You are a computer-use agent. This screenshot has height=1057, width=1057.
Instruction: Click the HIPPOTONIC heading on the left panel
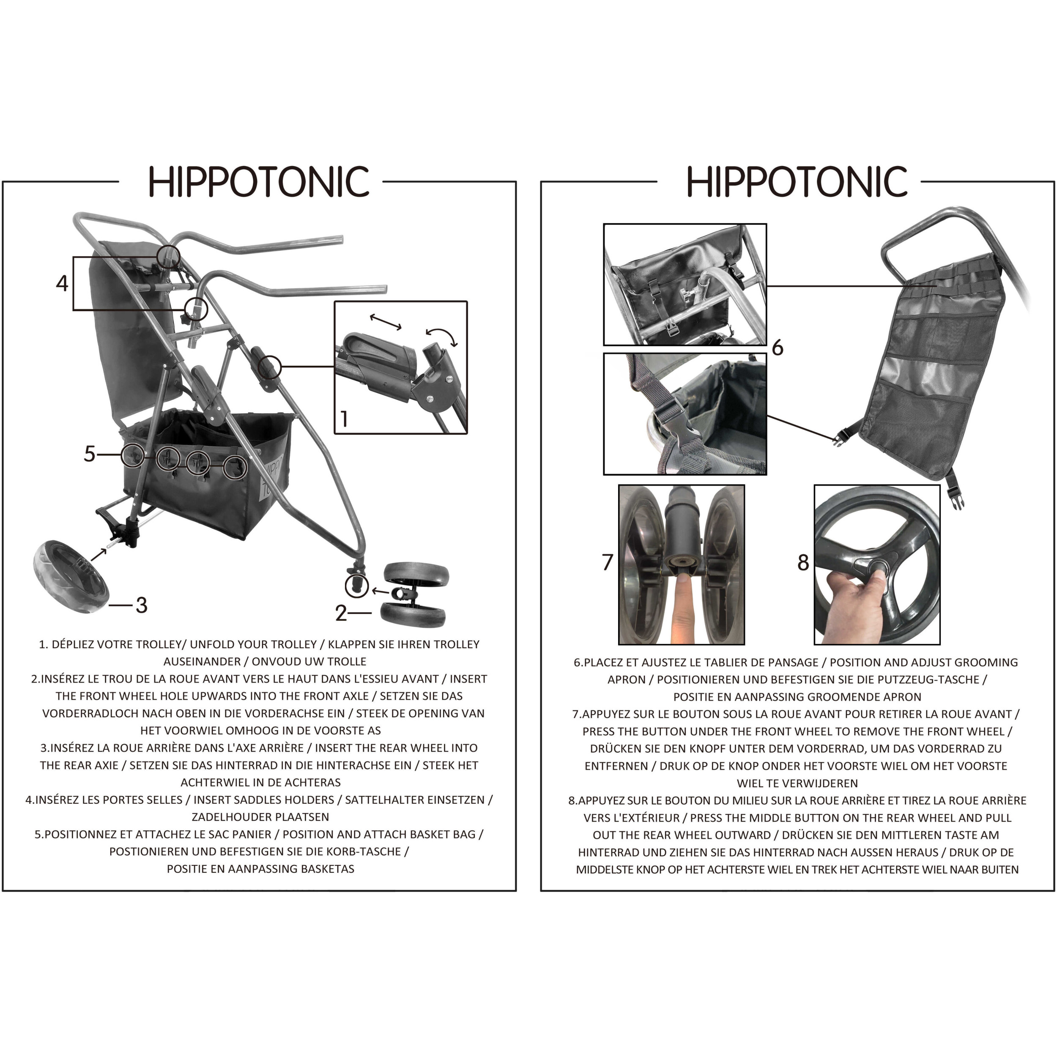tap(259, 182)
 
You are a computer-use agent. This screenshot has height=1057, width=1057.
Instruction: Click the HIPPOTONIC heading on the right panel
tap(797, 182)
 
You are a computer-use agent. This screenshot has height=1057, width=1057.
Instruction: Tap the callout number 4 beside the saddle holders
tap(62, 283)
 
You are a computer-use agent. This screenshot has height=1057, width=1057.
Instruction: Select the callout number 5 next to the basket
tap(90, 454)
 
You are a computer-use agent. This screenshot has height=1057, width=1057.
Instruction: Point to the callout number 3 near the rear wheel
tap(142, 605)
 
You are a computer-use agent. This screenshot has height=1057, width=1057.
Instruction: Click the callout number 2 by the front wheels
tap(341, 613)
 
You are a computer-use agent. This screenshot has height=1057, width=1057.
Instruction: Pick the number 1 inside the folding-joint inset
tap(344, 419)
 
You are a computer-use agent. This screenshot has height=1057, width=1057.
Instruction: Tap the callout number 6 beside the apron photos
tap(778, 348)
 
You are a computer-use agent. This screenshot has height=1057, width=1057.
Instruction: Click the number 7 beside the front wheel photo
tap(607, 562)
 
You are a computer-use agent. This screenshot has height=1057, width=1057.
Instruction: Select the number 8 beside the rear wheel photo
tap(803, 562)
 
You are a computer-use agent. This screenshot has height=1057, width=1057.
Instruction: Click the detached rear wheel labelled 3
tap(71, 577)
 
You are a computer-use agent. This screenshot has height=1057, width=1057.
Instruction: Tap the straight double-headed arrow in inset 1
tap(386, 322)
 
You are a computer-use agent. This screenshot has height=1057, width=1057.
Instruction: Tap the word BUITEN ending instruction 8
tap(999, 869)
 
